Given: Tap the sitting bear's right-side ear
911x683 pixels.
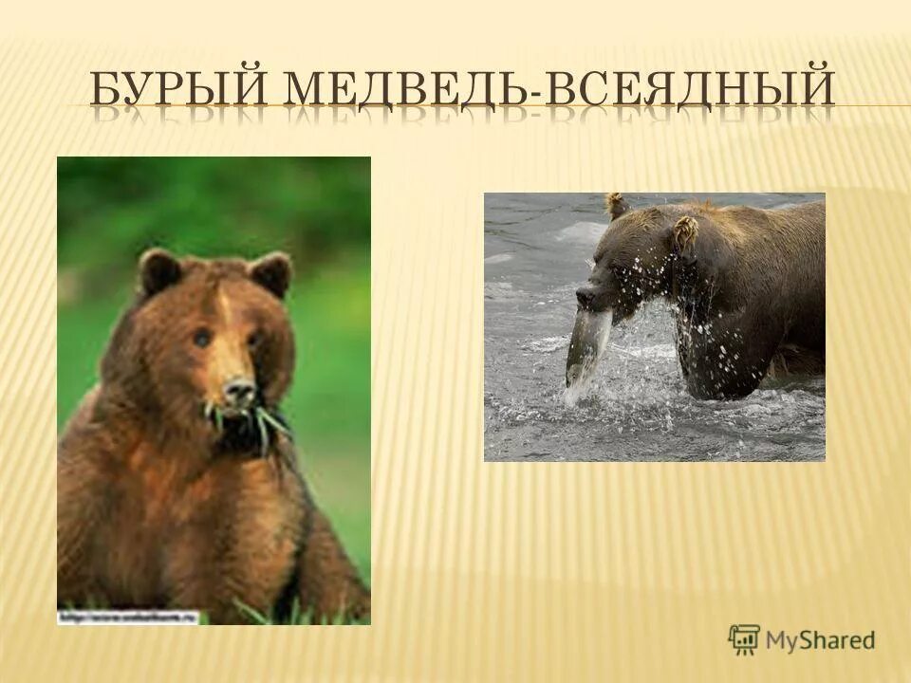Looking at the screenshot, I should click(x=272, y=273).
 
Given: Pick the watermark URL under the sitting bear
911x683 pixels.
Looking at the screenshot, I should click(x=128, y=618).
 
